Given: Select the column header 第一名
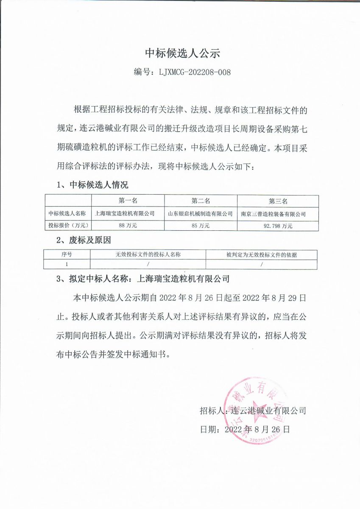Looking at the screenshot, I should click(128, 201).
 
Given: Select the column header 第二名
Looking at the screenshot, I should click(201, 201).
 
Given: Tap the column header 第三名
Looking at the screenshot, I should click(278, 201).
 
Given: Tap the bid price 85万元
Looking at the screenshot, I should click(201, 226).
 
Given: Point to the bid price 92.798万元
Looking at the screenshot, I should click(278, 226).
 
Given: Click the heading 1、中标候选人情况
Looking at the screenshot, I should click(92, 185).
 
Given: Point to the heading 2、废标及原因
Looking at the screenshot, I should click(84, 241).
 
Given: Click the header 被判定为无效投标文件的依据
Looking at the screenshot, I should click(262, 255).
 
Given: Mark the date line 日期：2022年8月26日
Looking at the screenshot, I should click(245, 429).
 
